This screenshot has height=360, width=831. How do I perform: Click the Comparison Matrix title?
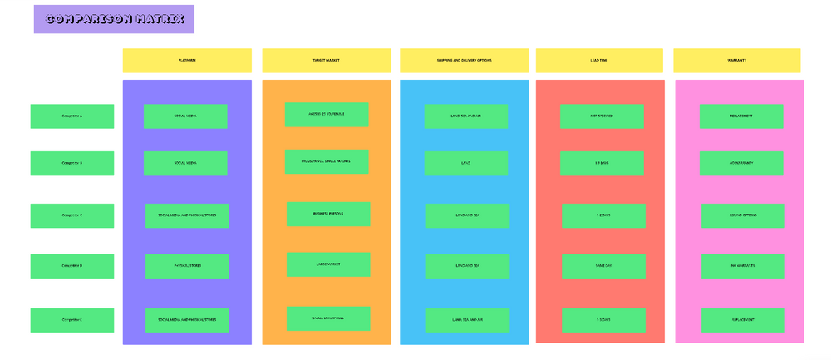pyautogui.click(x=114, y=19)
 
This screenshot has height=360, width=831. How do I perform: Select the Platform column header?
pyautogui.click(x=187, y=61)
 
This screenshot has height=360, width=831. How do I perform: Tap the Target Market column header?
pyautogui.click(x=326, y=61)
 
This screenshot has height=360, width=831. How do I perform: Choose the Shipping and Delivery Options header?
pyautogui.click(x=464, y=61)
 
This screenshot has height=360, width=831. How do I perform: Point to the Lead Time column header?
pyautogui.click(x=598, y=61)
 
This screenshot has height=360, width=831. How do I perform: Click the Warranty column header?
pyautogui.click(x=736, y=61)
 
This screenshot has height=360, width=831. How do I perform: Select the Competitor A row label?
pyautogui.click(x=72, y=116)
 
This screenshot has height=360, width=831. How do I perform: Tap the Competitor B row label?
pyautogui.click(x=72, y=163)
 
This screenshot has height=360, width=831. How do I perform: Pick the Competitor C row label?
pyautogui.click(x=72, y=215)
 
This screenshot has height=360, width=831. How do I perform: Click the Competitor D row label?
pyautogui.click(x=72, y=266)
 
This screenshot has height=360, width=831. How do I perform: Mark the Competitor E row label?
pyautogui.click(x=72, y=320)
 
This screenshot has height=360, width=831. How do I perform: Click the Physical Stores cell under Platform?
pyautogui.click(x=187, y=266)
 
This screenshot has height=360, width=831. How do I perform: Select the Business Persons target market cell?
pyautogui.click(x=328, y=214)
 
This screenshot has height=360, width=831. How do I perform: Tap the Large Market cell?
pyautogui.click(x=328, y=264)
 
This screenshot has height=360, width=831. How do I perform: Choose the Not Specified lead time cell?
pyautogui.click(x=602, y=116)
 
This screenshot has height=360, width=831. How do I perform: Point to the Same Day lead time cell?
pyautogui.click(x=603, y=266)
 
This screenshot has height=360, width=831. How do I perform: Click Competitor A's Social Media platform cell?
pyautogui.click(x=185, y=116)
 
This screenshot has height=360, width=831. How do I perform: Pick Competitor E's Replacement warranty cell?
pyautogui.click(x=743, y=320)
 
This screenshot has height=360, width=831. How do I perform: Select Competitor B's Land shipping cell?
pyautogui.click(x=465, y=163)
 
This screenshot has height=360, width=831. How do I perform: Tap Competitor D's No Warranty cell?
pyautogui.click(x=743, y=266)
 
